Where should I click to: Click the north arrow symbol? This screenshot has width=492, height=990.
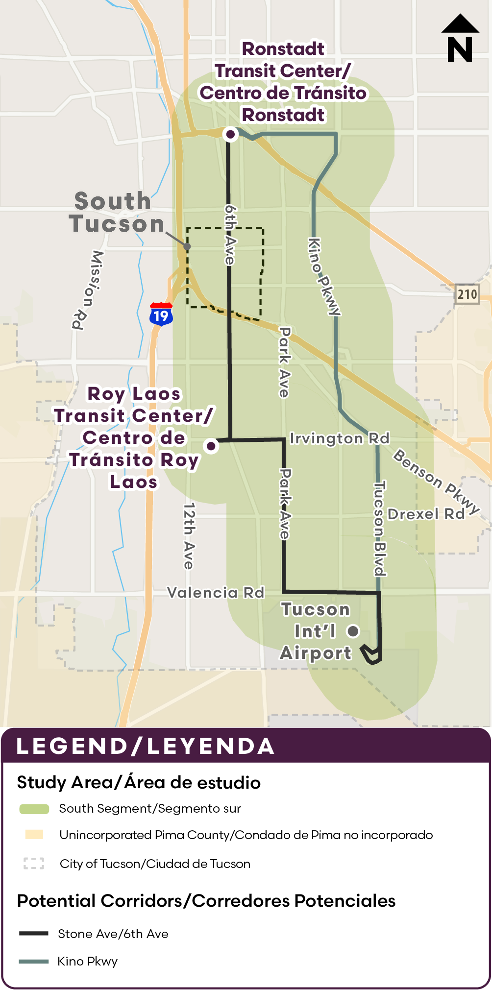pyautogui.click(x=460, y=39)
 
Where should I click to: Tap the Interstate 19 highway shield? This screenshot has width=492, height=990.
pyautogui.click(x=161, y=314)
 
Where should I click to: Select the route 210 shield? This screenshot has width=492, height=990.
pyautogui.click(x=467, y=294)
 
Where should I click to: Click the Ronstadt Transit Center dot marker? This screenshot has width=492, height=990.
pyautogui.click(x=230, y=134)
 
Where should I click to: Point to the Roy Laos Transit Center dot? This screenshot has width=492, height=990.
pyautogui.click(x=211, y=446)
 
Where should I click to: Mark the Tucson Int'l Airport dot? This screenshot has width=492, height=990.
pyautogui.click(x=353, y=631)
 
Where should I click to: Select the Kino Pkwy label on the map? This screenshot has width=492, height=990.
pyautogui.click(x=324, y=276)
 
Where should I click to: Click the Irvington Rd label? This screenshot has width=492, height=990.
pyautogui.click(x=340, y=438)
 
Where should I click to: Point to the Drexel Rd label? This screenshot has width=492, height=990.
pyautogui.click(x=426, y=514)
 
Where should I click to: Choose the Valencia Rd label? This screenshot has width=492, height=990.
pyautogui.click(x=216, y=593)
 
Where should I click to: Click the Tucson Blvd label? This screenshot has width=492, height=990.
pyautogui.click(x=379, y=529)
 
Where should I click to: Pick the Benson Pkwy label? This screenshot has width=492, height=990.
pyautogui.click(x=436, y=482)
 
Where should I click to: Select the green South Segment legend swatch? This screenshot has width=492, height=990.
pyautogui.click(x=34, y=809)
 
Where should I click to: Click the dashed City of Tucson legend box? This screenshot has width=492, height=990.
pyautogui.click(x=34, y=863)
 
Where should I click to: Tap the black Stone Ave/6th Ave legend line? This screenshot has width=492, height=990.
pyautogui.click(x=34, y=933)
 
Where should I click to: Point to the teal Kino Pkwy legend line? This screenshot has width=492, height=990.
pyautogui.click(x=34, y=961)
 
